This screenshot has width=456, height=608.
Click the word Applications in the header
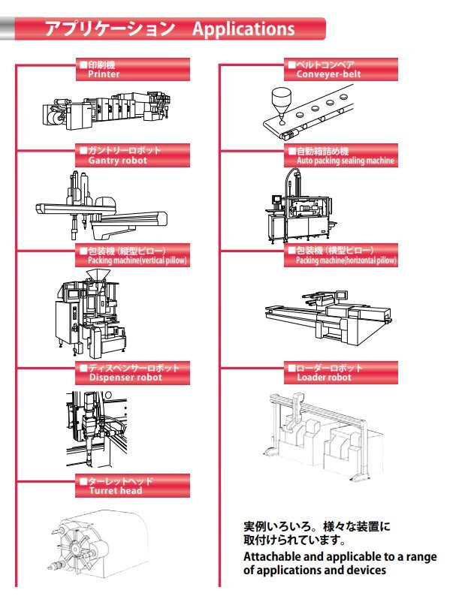point(243,29)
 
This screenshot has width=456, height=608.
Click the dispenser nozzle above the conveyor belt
point(282,102)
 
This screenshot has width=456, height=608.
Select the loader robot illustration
point(319,435)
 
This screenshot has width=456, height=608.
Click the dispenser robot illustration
point(86,428)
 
